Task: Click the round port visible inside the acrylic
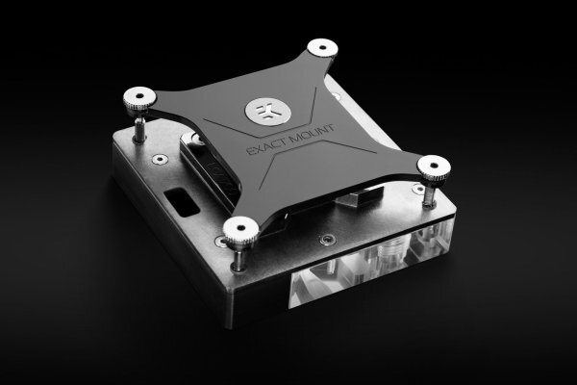[x=389, y=252]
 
